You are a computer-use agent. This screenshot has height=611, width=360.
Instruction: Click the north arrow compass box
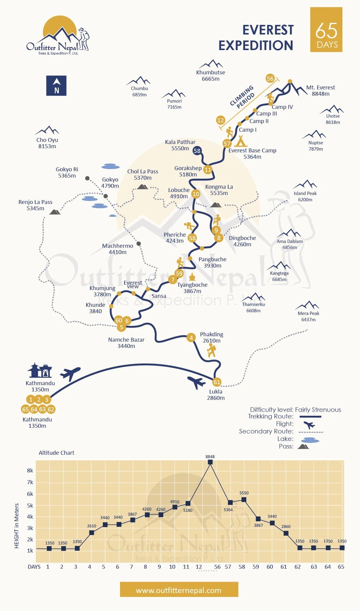pyautogui.click(x=56, y=86)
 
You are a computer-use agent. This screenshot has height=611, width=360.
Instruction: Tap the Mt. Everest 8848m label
pyautogui.click(x=320, y=91)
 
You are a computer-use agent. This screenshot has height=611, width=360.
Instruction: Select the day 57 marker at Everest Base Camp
pyautogui.click(x=227, y=144)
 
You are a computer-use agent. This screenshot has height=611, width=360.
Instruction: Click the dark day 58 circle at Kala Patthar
pyautogui.click(x=197, y=151)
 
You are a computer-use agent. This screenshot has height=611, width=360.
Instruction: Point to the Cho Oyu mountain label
pyautogui.click(x=47, y=143)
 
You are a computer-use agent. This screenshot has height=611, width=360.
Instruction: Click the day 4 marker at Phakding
pyautogui.click(x=191, y=337)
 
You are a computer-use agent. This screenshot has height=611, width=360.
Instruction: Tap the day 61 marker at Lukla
pyautogui.click(x=217, y=382)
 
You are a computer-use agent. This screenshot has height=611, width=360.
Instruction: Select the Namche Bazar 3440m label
pyautogui.click(x=126, y=343)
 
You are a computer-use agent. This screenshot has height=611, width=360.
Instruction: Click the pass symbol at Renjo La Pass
pyautogui.click(x=55, y=212)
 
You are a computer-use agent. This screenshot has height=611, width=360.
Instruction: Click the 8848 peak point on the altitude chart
pyautogui.click(x=210, y=462)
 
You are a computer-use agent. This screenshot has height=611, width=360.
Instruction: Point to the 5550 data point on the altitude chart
pyautogui.click(x=244, y=500)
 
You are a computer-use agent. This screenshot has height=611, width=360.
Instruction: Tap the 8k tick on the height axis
pyautogui.click(x=30, y=471)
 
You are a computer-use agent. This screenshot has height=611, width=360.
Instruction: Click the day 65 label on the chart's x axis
pyautogui.click(x=341, y=567)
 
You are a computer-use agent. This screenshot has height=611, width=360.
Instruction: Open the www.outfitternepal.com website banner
pyautogui.click(x=179, y=590)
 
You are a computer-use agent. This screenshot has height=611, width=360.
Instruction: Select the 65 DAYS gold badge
pyautogui.click(x=326, y=30)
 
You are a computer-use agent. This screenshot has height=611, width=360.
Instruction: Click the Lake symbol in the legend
pyautogui.click(x=310, y=440)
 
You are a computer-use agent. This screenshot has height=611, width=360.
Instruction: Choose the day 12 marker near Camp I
pyautogui.click(x=220, y=120)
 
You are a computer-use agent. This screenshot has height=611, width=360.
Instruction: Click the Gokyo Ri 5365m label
pyautogui.click(x=67, y=172)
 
